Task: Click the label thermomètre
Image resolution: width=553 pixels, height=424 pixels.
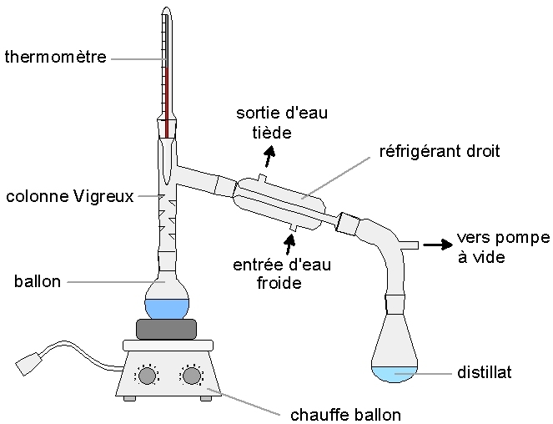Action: coord(55,57)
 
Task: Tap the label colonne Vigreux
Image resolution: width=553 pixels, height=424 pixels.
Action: coord(70,196)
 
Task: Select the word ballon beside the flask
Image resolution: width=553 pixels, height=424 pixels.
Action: coord(38,281)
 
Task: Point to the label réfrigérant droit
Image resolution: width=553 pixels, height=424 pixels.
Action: coord(440,151)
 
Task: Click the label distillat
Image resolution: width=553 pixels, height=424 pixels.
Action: coord(485,372)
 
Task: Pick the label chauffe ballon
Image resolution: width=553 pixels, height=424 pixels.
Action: coord(345,415)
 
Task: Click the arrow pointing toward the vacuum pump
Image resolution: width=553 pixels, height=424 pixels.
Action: coord(438,245)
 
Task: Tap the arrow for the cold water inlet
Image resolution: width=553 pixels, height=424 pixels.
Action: coord(290,244)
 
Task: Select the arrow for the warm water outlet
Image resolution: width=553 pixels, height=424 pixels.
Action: coord(269,157)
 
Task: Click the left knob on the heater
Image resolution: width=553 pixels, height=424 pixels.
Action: coord(147,376)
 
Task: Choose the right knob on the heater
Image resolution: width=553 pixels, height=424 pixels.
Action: coord(191,376)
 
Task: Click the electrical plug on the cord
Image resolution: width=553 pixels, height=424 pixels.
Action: coord(28,363)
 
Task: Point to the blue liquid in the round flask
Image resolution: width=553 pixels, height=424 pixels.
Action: coord(167,309)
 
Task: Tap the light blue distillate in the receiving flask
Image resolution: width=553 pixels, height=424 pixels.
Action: coord(395,374)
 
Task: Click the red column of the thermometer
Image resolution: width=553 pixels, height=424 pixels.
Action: coord(166,102)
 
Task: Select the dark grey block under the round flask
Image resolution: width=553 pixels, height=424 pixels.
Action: coord(167,329)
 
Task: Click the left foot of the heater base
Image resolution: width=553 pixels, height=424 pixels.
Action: coord(129,398)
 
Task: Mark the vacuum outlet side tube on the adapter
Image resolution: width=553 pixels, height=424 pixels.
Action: coord(409,245)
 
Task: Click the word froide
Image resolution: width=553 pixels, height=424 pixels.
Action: coord(279,283)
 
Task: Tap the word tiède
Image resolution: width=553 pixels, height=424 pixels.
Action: coord(272,133)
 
